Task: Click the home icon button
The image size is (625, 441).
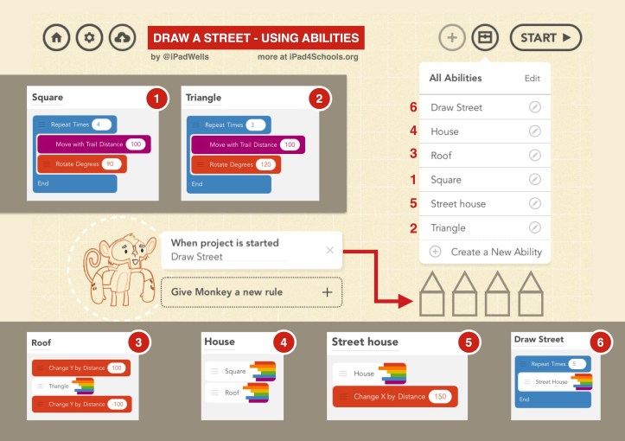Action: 56,38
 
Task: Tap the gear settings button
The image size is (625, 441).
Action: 89,38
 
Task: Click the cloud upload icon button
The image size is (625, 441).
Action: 122,38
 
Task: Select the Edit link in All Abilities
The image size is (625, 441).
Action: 532,78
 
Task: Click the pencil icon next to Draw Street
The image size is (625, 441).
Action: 534,108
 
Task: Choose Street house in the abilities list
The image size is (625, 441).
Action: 458,204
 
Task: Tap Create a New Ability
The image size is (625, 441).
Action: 495,252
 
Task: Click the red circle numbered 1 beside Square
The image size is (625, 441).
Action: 156,99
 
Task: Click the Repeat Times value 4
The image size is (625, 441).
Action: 101,125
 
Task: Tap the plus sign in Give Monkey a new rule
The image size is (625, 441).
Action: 327,292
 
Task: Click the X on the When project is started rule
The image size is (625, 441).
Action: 329,250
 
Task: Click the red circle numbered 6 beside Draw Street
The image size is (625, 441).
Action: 600,342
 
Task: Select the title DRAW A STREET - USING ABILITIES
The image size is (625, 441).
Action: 255,38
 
